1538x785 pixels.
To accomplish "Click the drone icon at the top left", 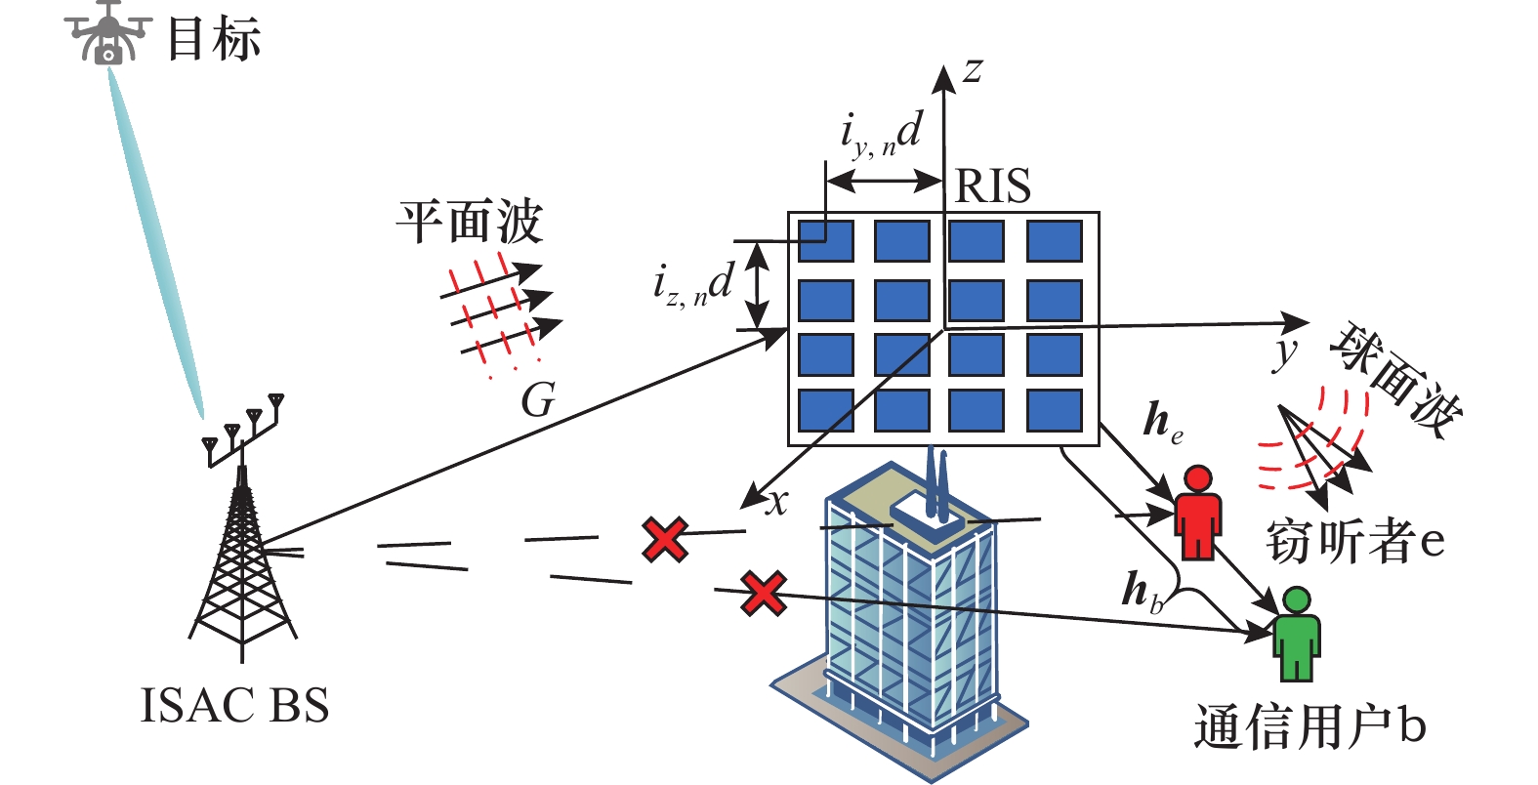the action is [107, 33].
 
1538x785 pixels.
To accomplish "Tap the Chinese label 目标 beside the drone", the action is [214, 39].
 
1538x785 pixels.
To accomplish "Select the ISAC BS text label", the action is [234, 705].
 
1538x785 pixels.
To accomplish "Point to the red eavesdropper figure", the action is [1197, 513].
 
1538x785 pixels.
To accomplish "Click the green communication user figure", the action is [1297, 634].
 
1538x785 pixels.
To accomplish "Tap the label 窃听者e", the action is [1354, 542].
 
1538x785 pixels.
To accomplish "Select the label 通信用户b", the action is [1309, 726].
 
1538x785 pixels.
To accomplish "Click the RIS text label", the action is [993, 186].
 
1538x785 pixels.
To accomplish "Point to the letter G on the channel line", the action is [538, 399].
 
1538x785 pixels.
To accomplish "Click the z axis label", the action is [973, 70].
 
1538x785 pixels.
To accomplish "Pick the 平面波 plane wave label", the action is [470, 222].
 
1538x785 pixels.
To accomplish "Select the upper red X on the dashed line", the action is [665, 540].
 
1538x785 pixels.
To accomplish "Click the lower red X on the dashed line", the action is [764, 594].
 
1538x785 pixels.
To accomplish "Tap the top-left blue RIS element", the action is [825, 240].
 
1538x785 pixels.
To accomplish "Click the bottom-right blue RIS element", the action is [1055, 411].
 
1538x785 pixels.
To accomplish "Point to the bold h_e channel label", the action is [1163, 422].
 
